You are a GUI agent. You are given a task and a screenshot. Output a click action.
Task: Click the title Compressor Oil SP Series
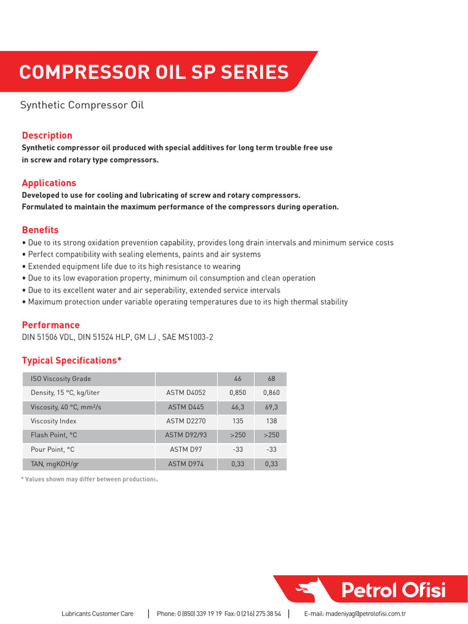[154, 73]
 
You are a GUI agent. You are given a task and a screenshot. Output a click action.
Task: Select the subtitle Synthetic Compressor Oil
[82, 105]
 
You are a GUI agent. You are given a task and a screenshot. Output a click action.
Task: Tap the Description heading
[47, 135]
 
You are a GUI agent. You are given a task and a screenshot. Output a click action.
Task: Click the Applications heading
[49, 183]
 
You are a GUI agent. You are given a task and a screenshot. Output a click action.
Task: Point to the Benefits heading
[40, 230]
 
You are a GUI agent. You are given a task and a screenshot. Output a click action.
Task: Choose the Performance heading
[51, 325]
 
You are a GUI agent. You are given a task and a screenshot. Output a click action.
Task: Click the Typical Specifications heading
[72, 360]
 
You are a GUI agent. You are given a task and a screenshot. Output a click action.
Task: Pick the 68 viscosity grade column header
[271, 379]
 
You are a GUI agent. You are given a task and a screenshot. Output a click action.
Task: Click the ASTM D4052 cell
[186, 393]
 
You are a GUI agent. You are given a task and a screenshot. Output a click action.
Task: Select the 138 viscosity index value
[271, 421]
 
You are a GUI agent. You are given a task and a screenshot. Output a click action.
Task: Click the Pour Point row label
[52, 450]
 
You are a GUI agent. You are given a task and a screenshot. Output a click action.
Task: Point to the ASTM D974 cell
[186, 464]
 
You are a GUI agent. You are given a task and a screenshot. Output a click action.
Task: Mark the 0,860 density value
[271, 393]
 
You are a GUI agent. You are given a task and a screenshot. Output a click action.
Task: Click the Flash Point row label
[54, 435]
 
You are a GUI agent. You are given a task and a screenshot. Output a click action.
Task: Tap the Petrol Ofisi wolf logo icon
[306, 590]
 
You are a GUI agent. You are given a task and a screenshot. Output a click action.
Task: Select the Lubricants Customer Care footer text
[97, 614]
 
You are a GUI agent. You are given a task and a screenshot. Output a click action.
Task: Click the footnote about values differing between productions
[90, 480]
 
